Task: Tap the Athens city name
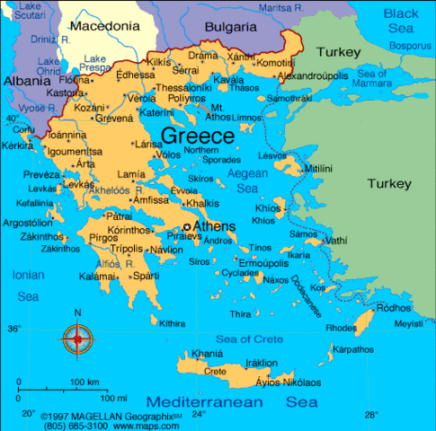[x=214, y=226]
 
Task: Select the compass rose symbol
[x=78, y=339]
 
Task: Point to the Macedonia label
[x=104, y=26]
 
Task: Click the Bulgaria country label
[x=230, y=27]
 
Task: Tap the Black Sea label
[x=401, y=21]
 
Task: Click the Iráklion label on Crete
[x=262, y=363]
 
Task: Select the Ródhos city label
[x=392, y=308]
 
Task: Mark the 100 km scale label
[x=84, y=383]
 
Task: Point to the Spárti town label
[x=147, y=276]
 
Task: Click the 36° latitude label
[x=13, y=330]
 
